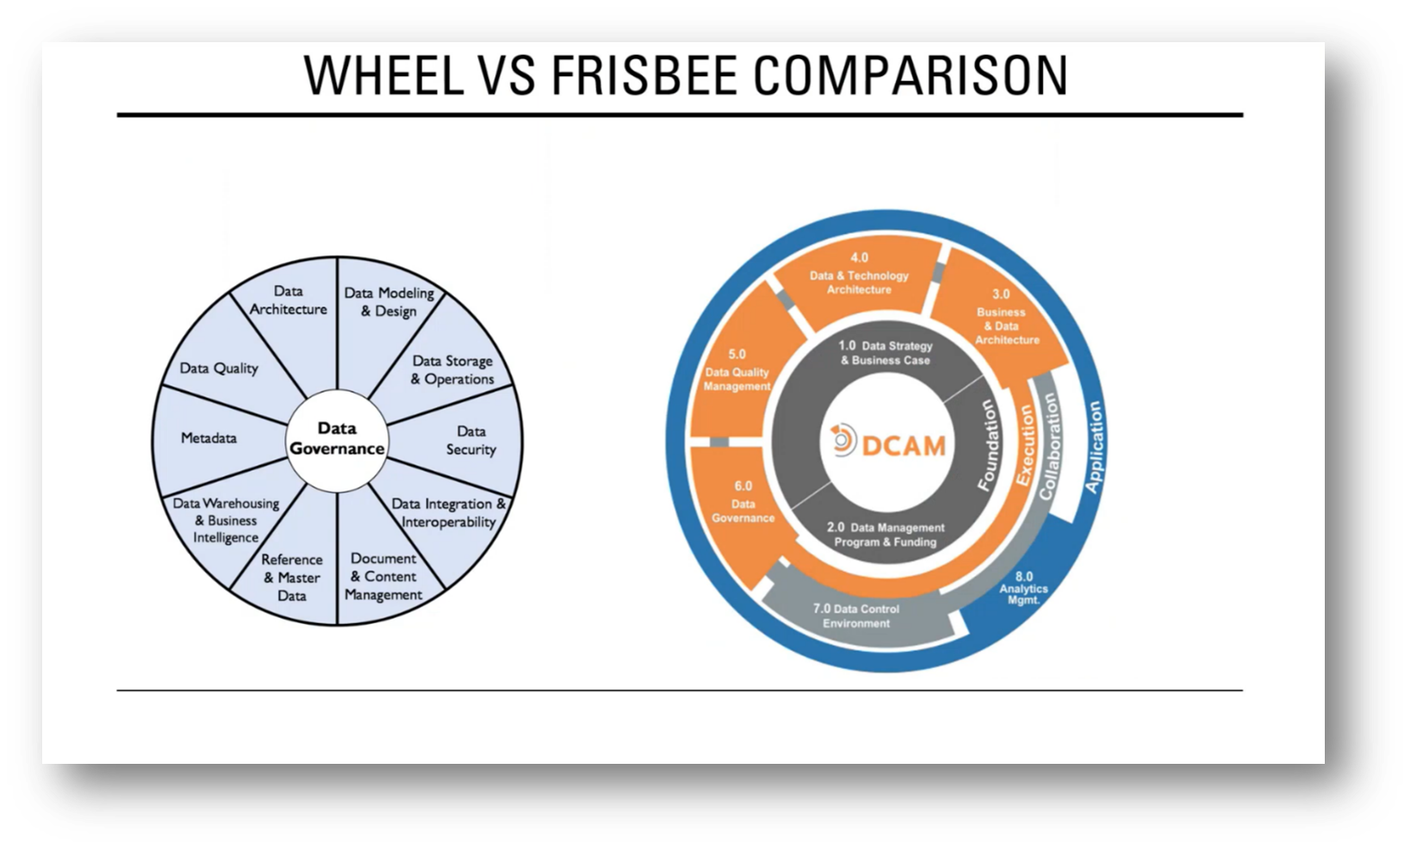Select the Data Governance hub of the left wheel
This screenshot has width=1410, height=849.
337,439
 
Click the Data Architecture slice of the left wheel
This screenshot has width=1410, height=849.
288,300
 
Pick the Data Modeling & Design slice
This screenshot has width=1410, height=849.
388,302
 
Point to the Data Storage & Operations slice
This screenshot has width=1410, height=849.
453,369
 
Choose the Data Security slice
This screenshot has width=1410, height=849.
470,440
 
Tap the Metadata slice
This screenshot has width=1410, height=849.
209,438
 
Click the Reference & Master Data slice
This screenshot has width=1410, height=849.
292,576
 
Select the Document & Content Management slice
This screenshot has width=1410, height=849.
383,576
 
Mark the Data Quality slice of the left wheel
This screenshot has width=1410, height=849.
219,368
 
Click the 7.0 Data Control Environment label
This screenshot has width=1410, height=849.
856,616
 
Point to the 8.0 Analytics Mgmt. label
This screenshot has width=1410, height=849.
1023,588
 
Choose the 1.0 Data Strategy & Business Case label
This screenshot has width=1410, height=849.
884,352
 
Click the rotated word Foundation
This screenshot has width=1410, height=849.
987,445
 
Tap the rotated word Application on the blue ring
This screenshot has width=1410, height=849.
1093,446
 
